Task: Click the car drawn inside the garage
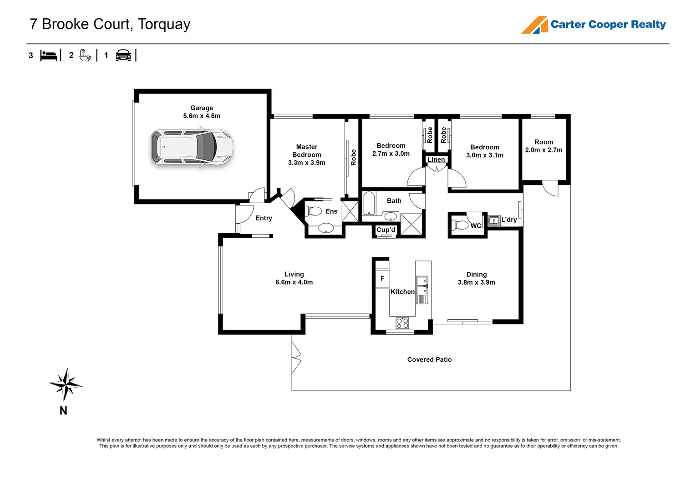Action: coord(192,147)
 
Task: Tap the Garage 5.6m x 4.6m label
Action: coord(202,112)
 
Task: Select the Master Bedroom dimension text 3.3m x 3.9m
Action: coord(306,163)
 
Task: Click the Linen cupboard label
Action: coord(436,159)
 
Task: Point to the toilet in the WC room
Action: coord(461,225)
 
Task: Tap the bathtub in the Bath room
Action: coord(368,204)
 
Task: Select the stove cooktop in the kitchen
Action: coord(402,323)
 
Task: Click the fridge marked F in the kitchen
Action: coord(382,278)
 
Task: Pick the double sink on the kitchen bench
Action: coord(422,286)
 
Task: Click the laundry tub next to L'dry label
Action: coord(494,221)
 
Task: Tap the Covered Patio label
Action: coord(429,359)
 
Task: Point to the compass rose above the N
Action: coord(66,384)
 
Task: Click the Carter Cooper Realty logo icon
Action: coord(534,25)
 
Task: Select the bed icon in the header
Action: coord(49,56)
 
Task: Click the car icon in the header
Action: coord(123,56)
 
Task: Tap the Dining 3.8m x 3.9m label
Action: coord(476,278)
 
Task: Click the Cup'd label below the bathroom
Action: coord(386,230)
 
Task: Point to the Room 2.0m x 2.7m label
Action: coord(544,146)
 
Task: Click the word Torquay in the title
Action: coord(164,24)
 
